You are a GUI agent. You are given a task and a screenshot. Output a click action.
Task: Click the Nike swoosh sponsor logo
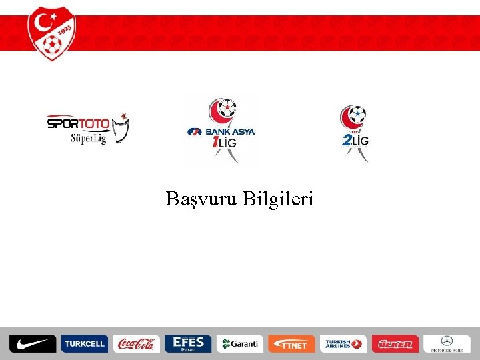tap(33, 343)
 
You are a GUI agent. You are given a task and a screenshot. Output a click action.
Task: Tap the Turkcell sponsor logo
tap(84, 343)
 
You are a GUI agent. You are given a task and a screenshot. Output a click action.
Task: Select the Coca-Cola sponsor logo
tap(136, 343)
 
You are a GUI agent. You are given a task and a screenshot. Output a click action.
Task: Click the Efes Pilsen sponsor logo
tap(187, 343)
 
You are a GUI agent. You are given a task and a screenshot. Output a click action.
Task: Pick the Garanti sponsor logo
tap(239, 343)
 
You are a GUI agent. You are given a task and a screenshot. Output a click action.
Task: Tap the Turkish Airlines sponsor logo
tap(343, 343)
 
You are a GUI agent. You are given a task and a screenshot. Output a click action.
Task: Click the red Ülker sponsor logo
tap(395, 343)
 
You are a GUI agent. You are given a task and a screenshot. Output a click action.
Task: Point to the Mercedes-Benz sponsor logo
tap(447, 343)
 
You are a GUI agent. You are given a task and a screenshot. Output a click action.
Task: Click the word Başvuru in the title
tap(202, 199)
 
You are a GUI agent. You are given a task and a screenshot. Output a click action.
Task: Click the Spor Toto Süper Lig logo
tap(87, 129)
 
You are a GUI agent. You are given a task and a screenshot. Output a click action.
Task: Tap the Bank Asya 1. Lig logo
tap(221, 131)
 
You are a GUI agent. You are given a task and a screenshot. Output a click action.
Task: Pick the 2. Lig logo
tap(354, 131)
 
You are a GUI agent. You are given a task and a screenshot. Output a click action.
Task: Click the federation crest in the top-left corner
tap(52, 33)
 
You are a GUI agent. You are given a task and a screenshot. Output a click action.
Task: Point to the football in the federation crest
tap(51, 45)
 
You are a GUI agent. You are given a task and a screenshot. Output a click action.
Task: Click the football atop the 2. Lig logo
tap(359, 113)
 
